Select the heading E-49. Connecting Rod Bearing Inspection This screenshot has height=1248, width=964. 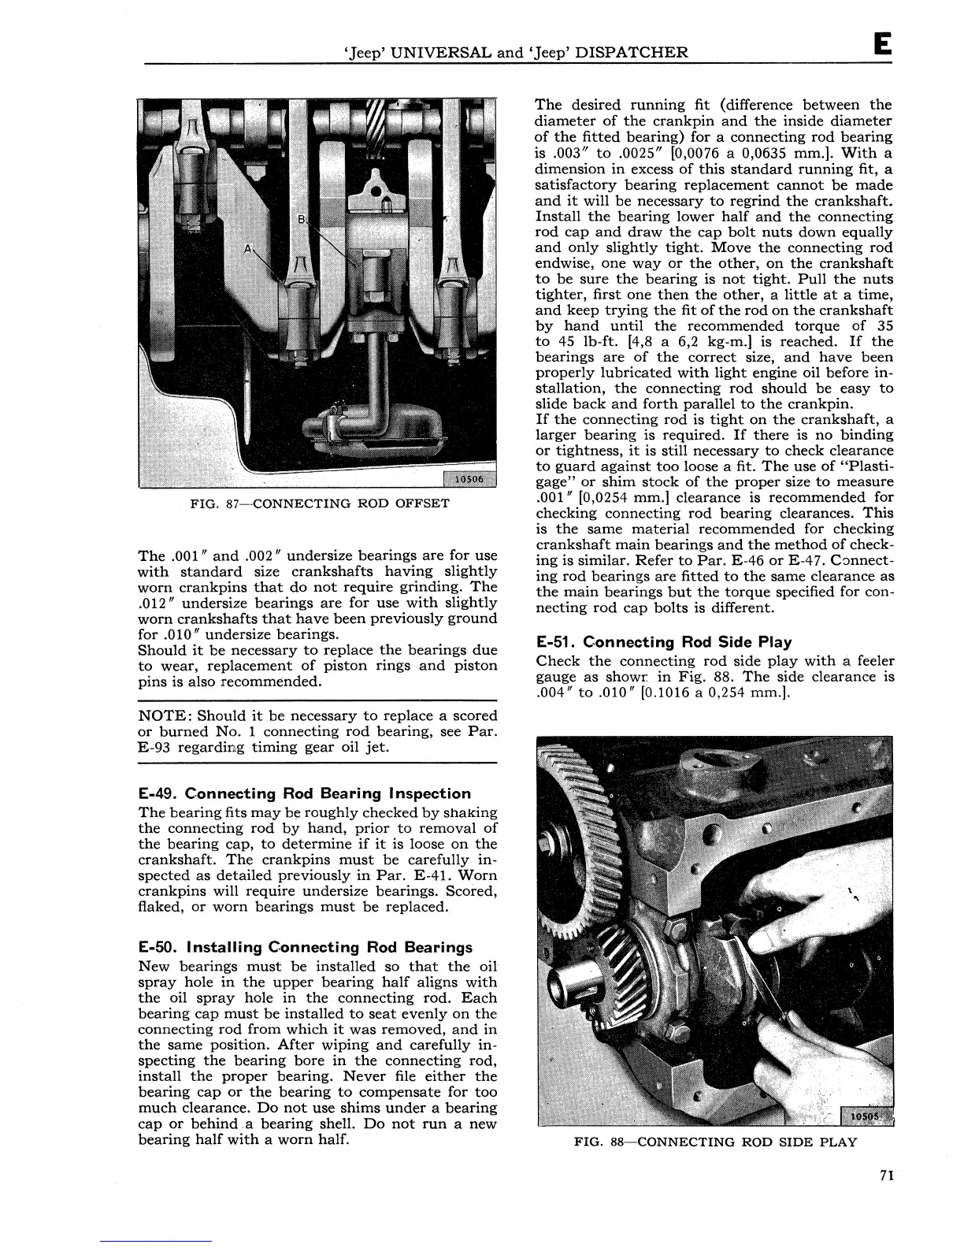pos(304,793)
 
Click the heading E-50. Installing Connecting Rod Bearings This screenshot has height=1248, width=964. pos(305,947)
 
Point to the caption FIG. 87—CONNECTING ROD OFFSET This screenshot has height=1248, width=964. pos(320,503)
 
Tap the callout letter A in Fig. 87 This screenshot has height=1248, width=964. pos(250,250)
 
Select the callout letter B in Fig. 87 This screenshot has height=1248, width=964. pos(300,218)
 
